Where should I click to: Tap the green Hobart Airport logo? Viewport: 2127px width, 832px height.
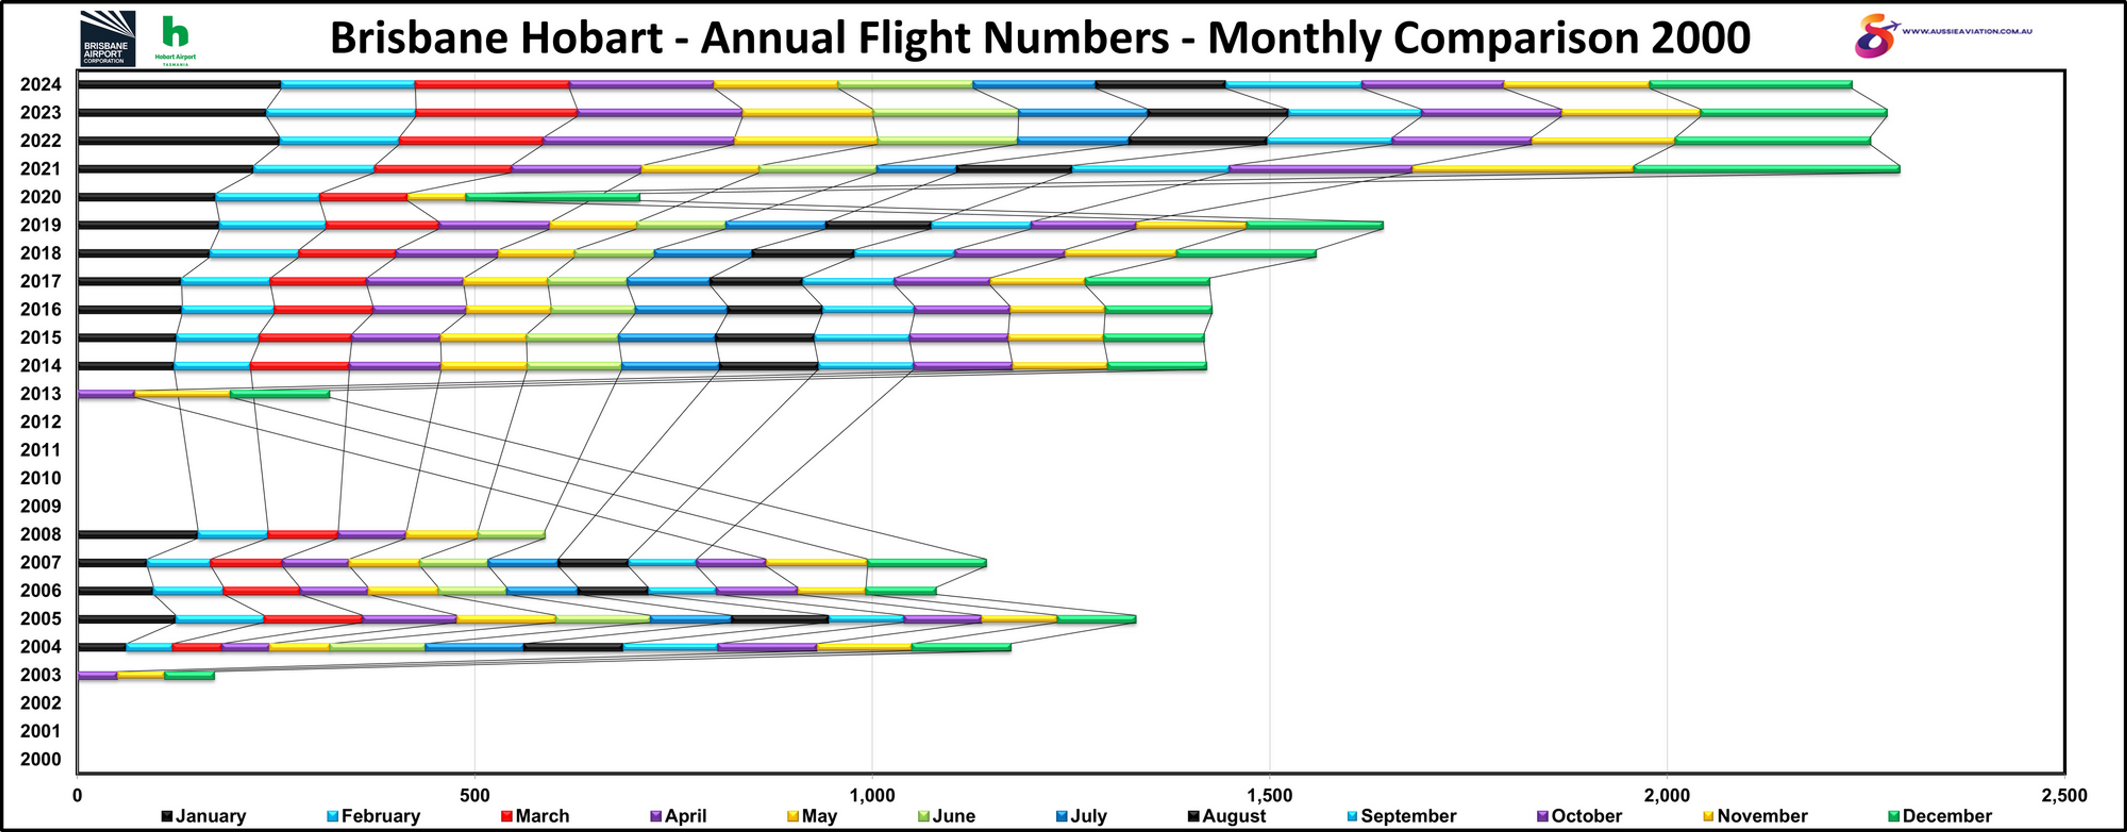[175, 39]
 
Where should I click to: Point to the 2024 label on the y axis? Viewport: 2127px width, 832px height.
[40, 84]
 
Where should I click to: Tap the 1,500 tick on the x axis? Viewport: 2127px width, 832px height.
[1269, 796]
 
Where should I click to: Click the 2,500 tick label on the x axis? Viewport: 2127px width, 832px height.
[2063, 796]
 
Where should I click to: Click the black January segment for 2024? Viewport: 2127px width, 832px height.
[179, 84]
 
